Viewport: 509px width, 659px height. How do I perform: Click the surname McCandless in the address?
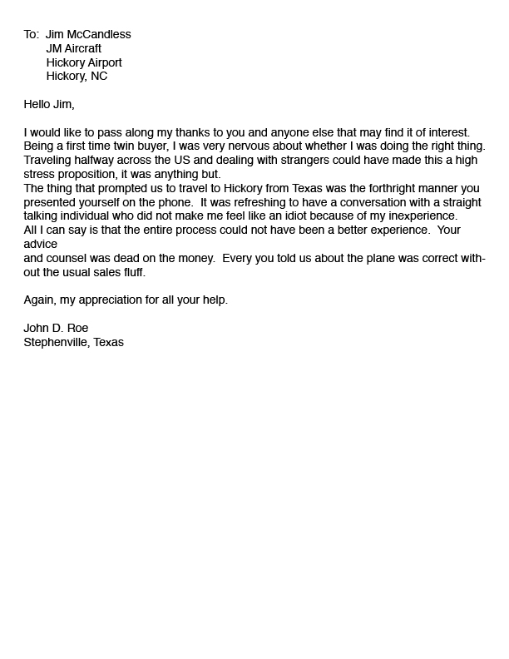[100, 35]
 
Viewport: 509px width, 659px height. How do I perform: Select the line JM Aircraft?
[74, 48]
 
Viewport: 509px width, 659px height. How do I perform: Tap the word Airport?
[101, 62]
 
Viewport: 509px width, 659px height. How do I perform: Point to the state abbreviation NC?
[99, 77]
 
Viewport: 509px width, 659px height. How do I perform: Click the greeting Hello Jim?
[49, 104]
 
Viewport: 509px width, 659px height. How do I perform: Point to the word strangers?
[303, 160]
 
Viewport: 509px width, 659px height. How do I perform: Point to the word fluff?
[133, 272]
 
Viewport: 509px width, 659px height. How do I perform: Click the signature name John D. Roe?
[56, 329]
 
